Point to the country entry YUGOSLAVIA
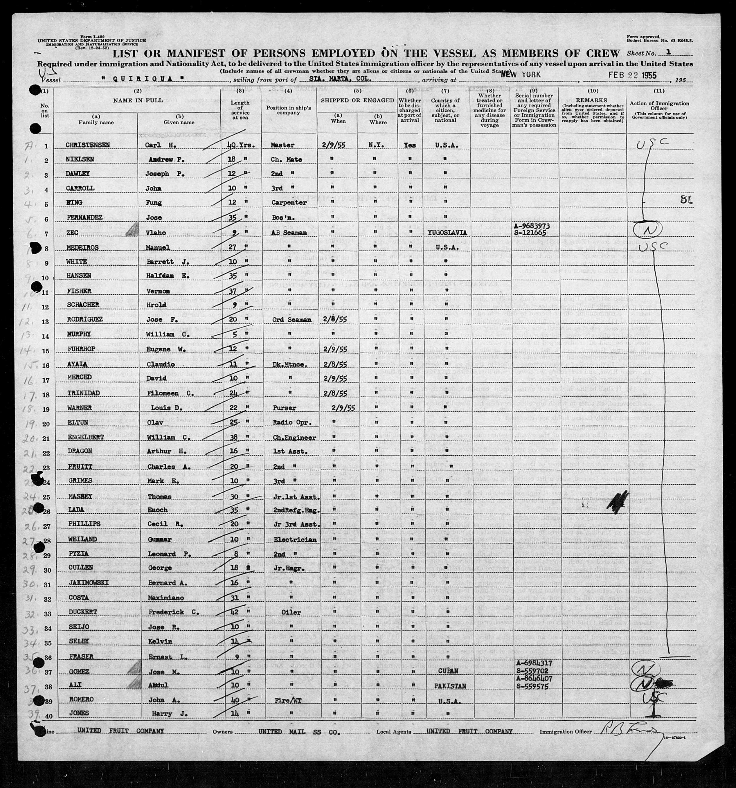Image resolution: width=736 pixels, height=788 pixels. pyautogui.click(x=446, y=233)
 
